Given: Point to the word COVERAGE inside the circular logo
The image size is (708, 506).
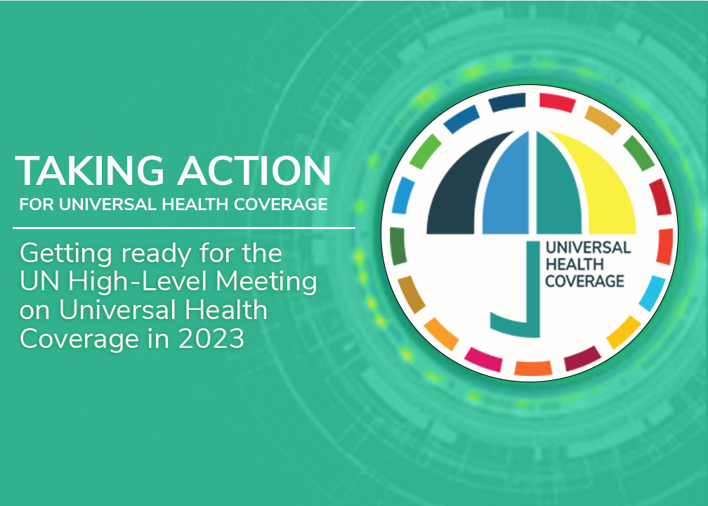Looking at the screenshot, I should tap(584, 281).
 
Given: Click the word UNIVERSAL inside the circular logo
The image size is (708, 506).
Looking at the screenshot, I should tap(588, 247).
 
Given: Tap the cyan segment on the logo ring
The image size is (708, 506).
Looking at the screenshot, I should tap(652, 293).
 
